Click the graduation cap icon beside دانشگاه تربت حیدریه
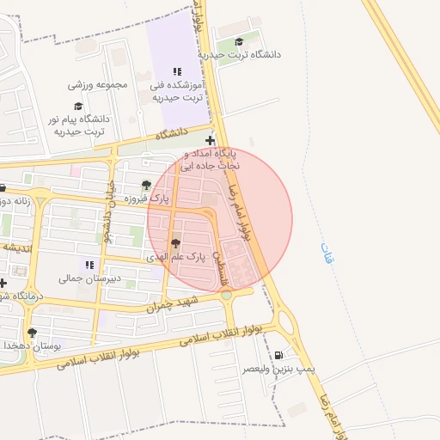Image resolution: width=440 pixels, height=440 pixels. [x=239, y=41]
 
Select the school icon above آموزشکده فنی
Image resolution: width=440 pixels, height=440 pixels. [x=177, y=72]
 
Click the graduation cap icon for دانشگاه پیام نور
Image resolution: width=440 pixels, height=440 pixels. [x=78, y=107]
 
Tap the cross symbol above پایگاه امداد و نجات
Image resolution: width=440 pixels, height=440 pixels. [x=211, y=139]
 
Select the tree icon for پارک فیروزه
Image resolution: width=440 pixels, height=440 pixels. [x=146, y=185]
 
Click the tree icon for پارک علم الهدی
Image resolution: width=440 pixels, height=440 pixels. [x=177, y=244]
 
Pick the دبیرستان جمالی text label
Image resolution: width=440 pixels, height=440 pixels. [x=82, y=278]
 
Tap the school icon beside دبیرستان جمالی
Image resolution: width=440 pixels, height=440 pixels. [x=89, y=264]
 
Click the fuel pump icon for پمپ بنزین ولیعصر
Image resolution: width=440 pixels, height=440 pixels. [x=278, y=356]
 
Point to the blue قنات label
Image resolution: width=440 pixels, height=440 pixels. [x=325, y=252]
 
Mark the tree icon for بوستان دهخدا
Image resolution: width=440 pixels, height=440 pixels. [x=33, y=332]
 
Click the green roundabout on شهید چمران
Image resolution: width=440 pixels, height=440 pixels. [x=226, y=296]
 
